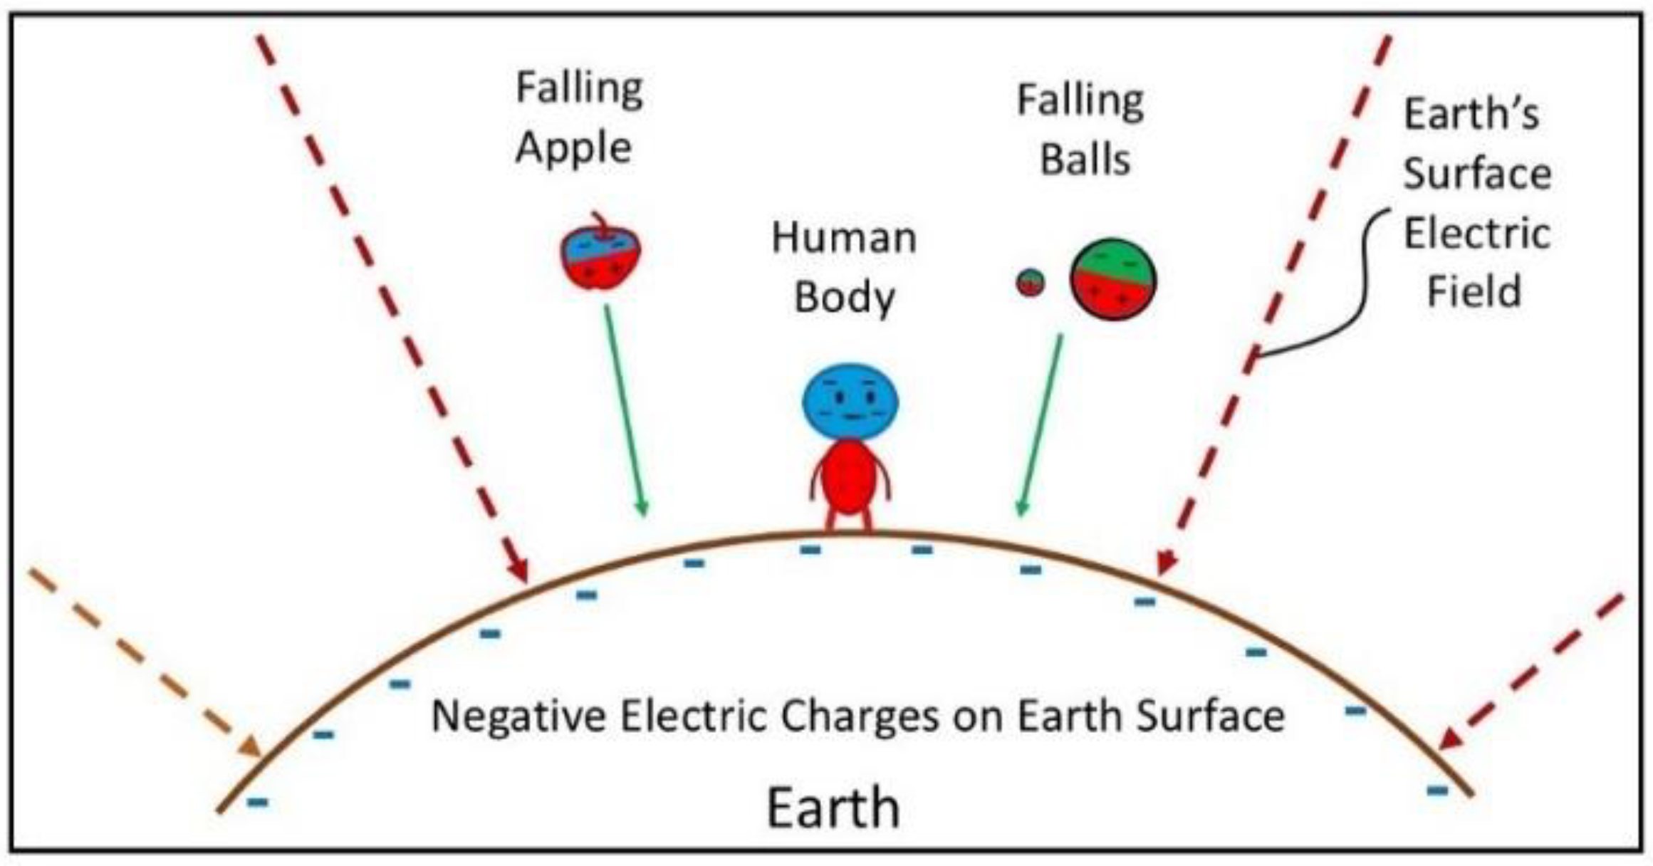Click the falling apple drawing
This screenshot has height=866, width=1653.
(x=600, y=256)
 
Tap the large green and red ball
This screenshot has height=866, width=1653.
(x=1113, y=280)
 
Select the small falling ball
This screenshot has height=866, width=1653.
(x=1030, y=283)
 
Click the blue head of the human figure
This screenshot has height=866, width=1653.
(x=850, y=402)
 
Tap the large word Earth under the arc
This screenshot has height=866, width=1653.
(x=833, y=808)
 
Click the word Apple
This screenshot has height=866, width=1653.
(x=573, y=148)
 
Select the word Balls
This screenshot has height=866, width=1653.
(x=1085, y=159)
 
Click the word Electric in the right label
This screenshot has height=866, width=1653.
(x=1476, y=234)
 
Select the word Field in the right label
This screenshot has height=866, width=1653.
(x=1474, y=292)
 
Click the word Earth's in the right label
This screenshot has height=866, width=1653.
(x=1471, y=114)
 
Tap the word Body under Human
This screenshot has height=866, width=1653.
(x=844, y=298)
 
